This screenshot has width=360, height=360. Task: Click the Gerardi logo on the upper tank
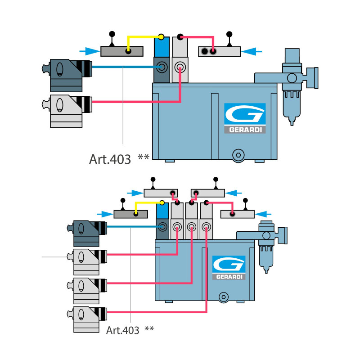pyautogui.click(x=245, y=118)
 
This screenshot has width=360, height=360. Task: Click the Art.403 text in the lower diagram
pyautogui.click(x=123, y=330)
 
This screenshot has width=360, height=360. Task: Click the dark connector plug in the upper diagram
pyautogui.click(x=67, y=74)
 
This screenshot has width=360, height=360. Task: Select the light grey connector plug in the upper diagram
pyautogui.click(x=67, y=110)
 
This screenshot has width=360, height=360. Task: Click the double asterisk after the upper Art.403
pyautogui.click(x=144, y=157)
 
